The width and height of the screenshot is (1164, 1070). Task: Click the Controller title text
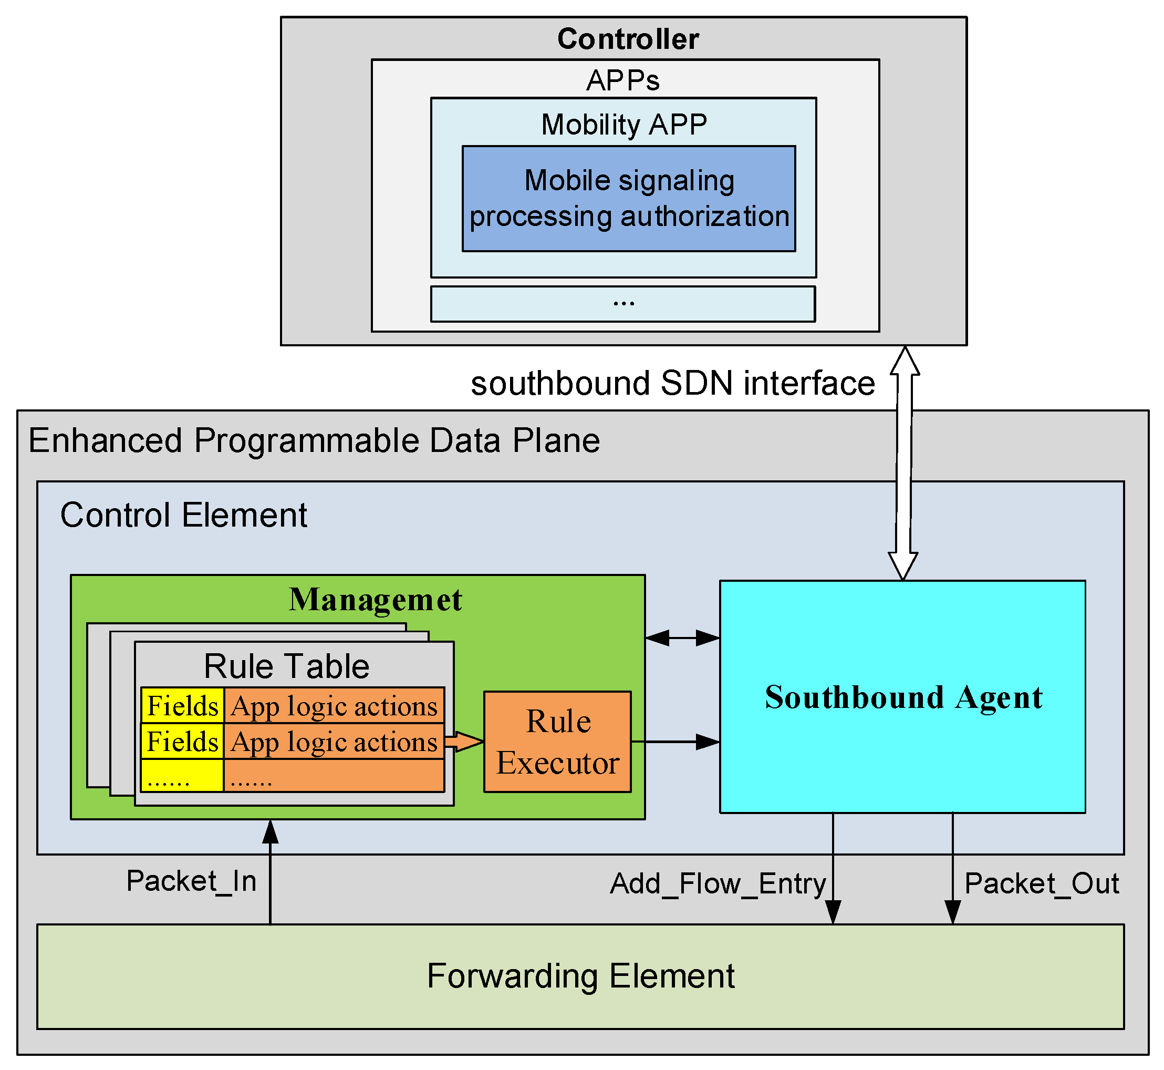click(628, 39)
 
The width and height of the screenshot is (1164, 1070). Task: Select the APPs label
click(623, 80)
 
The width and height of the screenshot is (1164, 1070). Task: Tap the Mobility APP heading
click(624, 125)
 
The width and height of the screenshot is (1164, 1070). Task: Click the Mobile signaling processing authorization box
click(629, 199)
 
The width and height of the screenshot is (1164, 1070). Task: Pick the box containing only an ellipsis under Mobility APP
click(623, 304)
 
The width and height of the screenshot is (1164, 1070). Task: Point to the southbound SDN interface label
click(672, 383)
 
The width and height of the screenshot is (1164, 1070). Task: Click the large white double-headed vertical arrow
click(903, 463)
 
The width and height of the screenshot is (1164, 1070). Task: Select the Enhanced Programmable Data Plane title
click(314, 440)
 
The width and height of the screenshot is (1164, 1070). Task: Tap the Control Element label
click(183, 516)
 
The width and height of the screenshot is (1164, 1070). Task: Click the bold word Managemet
click(375, 600)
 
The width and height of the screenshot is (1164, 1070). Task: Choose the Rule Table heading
click(286, 666)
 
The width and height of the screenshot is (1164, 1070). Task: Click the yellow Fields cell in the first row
click(182, 706)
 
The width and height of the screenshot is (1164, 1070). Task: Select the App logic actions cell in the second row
click(334, 742)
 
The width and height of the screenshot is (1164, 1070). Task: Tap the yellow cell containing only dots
click(182, 776)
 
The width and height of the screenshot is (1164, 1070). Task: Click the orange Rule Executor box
click(557, 742)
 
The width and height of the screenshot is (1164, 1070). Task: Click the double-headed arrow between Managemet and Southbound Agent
click(682, 639)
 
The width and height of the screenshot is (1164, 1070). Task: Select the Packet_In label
click(191, 881)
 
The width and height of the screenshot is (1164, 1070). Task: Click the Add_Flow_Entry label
click(718, 884)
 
